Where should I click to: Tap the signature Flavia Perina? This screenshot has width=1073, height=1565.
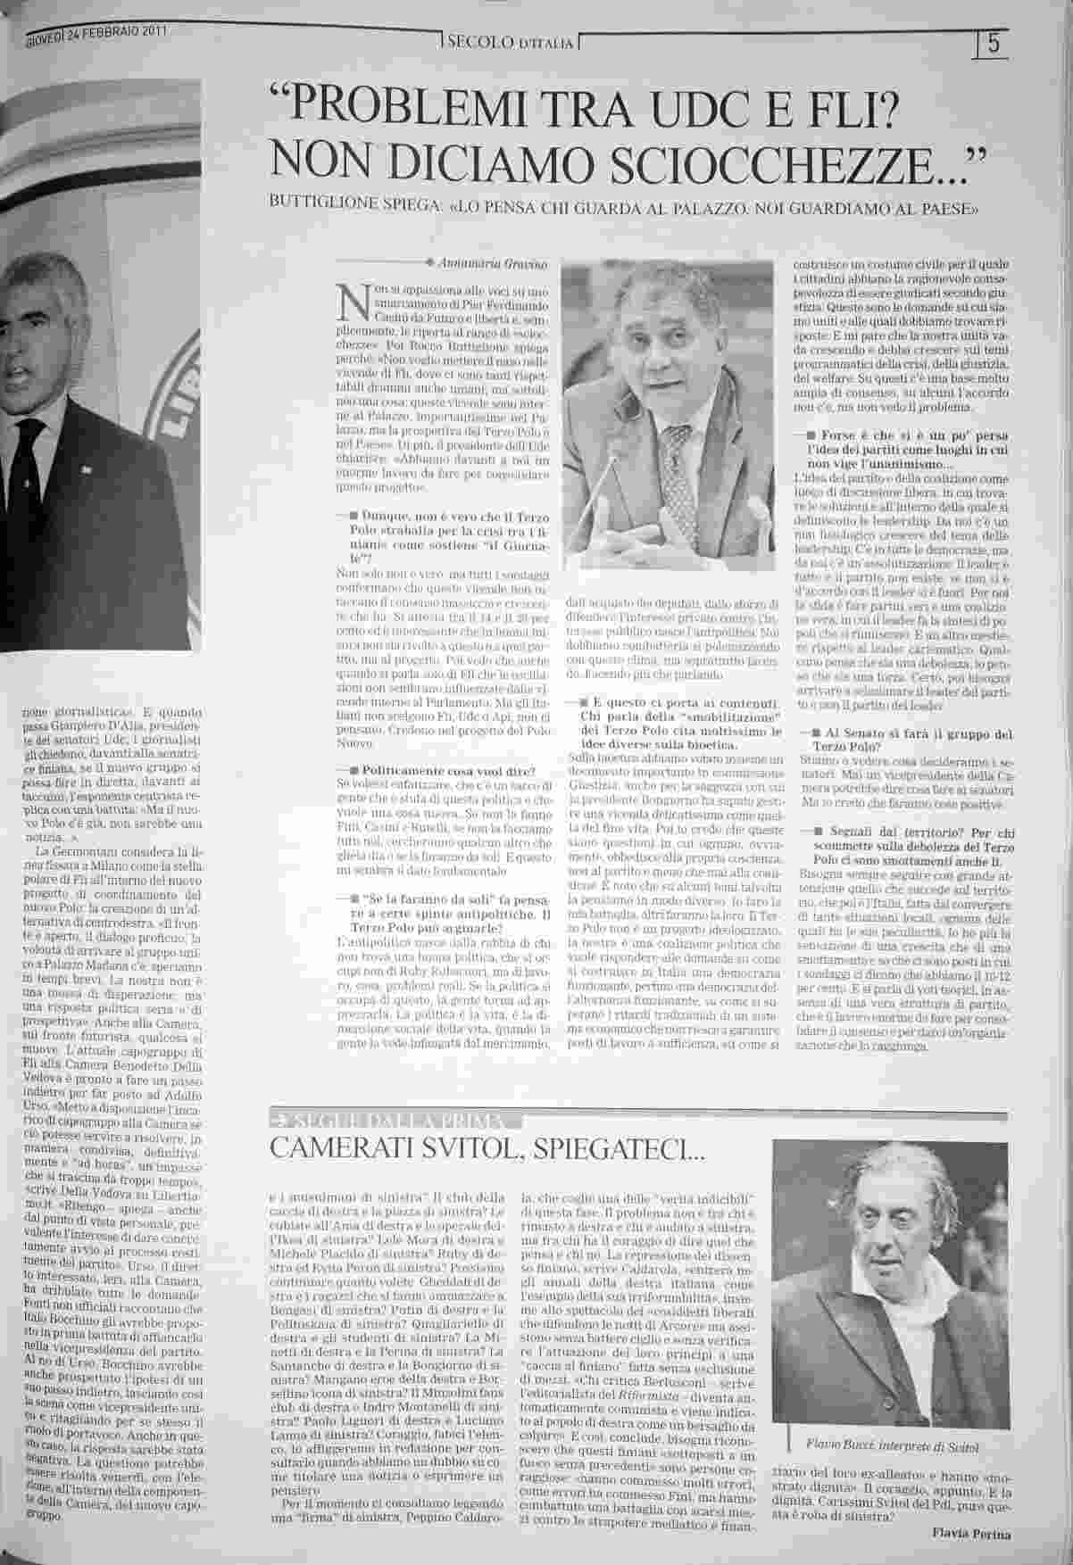click(x=965, y=1532)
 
